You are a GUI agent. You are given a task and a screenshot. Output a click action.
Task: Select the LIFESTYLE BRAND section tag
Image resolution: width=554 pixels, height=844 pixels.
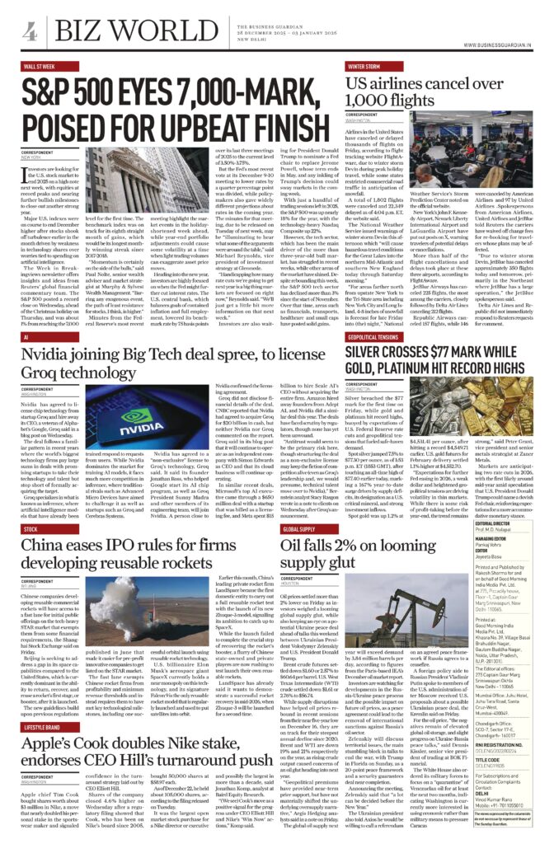(45, 706)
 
